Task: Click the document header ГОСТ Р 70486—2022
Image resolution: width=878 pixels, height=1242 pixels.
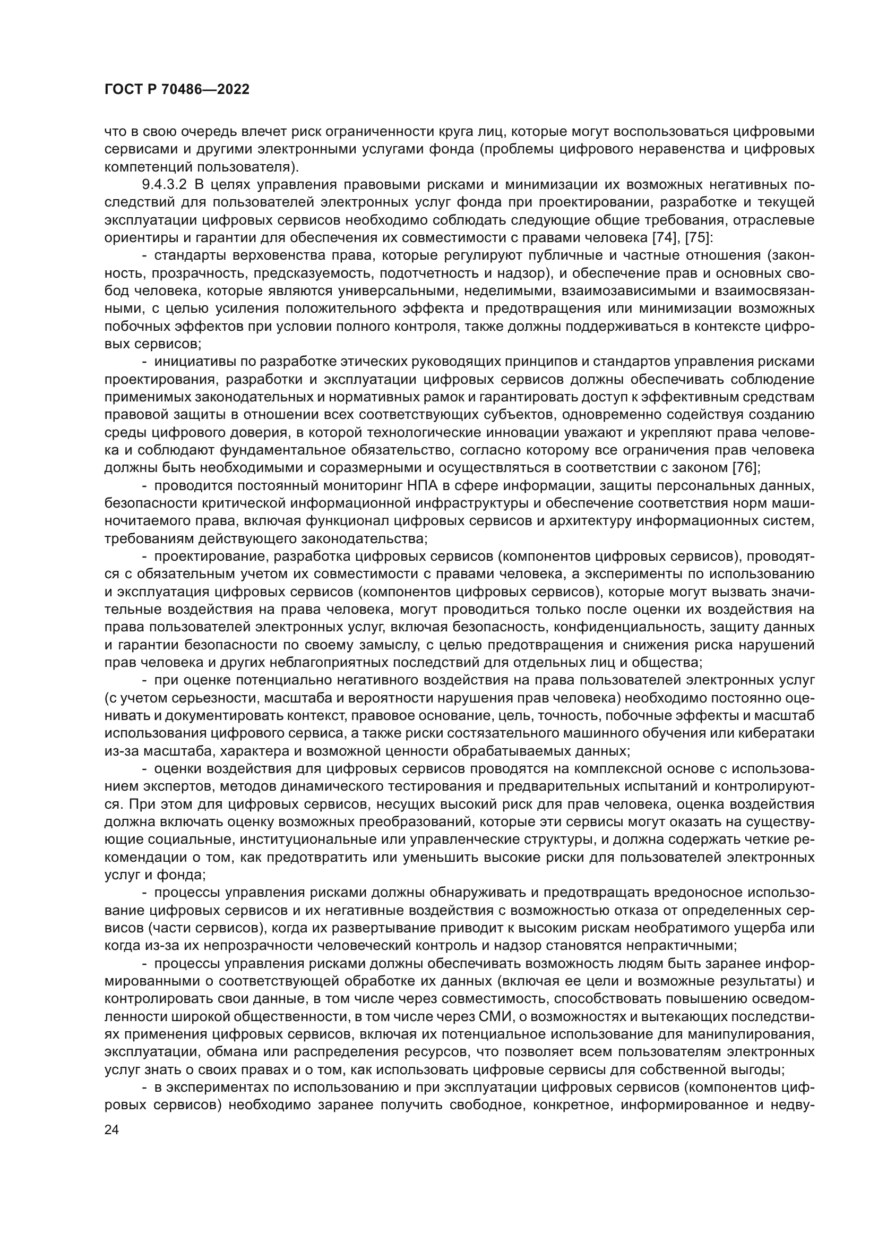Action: click(x=177, y=90)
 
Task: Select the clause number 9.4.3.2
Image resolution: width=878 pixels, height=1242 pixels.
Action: click(x=165, y=184)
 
